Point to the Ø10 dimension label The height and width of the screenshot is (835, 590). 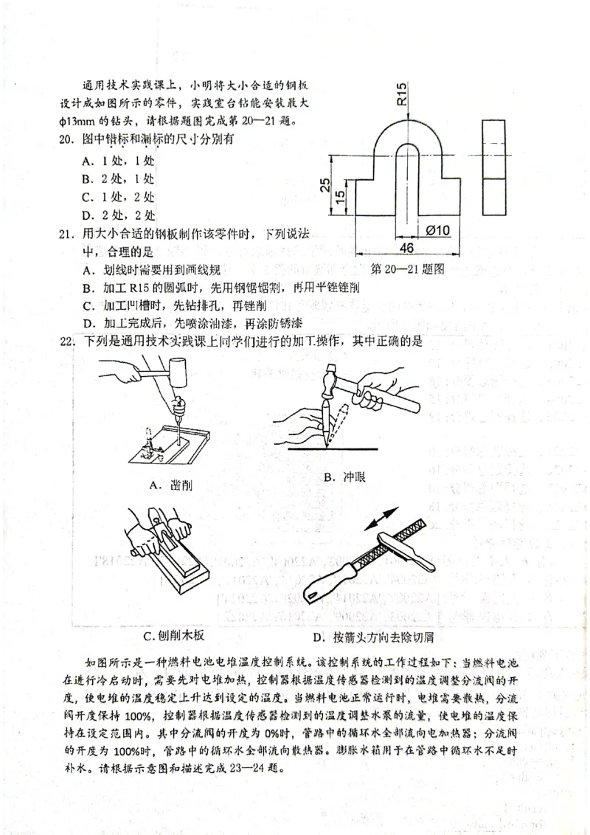click(x=438, y=231)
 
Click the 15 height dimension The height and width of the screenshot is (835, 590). click(x=340, y=198)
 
